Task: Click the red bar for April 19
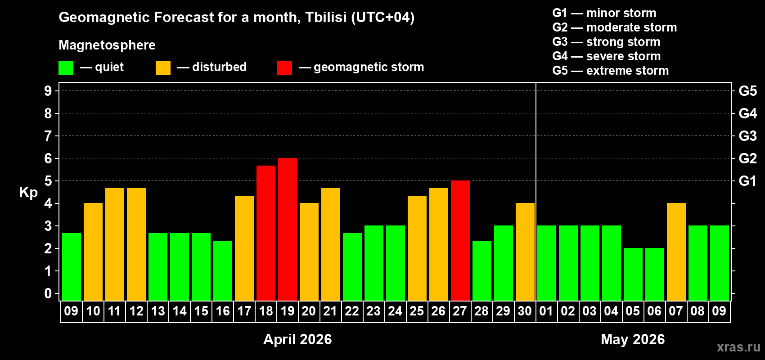pos(288,229)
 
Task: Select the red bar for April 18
pos(266,233)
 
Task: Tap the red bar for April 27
pos(460,241)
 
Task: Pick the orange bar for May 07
pos(676,252)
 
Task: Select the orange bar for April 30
pos(525,252)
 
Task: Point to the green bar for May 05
pos(633,274)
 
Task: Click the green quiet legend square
pos(66,68)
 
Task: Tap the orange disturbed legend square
pos(163,68)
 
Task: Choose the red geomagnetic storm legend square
pos(284,68)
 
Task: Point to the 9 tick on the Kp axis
pos(48,91)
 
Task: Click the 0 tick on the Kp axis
pos(48,294)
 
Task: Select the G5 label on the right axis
pos(747,91)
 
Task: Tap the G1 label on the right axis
pos(747,181)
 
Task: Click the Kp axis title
pos(28,193)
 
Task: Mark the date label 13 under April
pos(158,311)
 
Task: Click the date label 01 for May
pos(546,311)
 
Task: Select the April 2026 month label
pos(297,339)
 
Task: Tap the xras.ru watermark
pos(738,347)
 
